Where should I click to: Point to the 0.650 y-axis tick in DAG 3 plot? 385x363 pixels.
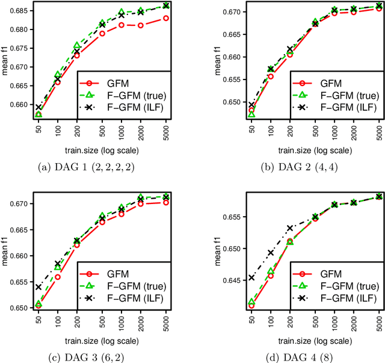point(23,308)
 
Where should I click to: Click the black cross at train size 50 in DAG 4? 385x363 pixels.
point(234,278)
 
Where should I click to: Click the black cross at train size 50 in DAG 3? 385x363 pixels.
point(39,287)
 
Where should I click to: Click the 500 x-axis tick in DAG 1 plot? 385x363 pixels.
point(102,132)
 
